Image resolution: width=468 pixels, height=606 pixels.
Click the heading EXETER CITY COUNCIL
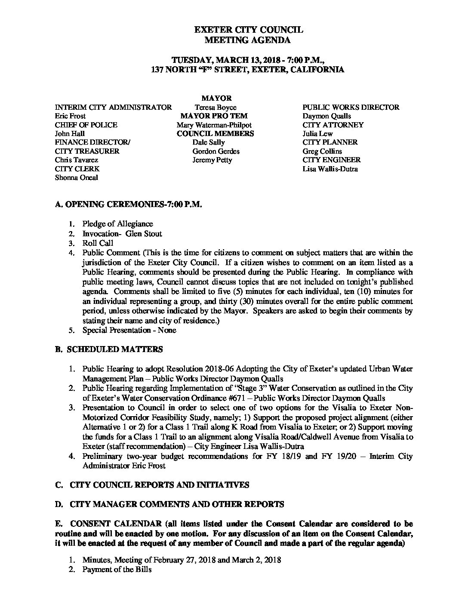pos(249,30)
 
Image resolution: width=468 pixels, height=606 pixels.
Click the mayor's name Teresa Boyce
pos(215,108)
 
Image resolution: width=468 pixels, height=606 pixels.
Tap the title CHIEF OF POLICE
pos(86,125)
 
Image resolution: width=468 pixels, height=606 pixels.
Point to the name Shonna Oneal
pos(77,178)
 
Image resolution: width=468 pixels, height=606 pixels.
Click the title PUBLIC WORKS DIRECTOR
pos(351,108)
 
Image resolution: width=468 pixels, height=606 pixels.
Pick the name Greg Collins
pos(322,151)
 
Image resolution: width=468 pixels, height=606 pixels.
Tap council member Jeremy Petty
pos(212,160)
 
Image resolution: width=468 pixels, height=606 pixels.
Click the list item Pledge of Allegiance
pos(117,224)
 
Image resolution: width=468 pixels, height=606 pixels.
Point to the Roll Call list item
pos(98,243)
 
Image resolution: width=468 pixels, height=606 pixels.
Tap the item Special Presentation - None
pos(129,331)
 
